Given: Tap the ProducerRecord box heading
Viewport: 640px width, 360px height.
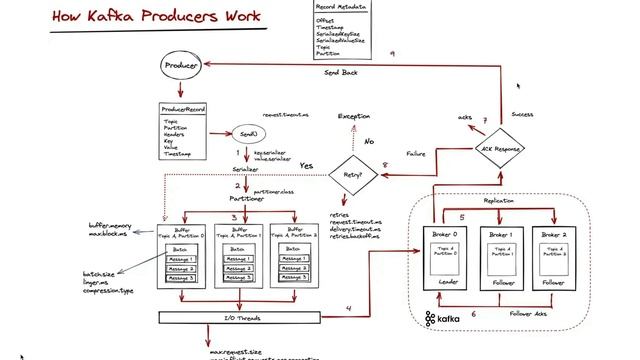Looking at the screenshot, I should [x=183, y=110].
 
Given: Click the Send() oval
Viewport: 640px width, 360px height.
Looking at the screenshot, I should [x=248, y=133].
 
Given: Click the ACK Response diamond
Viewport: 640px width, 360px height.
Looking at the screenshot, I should [x=500, y=150].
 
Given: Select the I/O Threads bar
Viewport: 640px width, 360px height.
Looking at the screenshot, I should [x=239, y=318].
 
